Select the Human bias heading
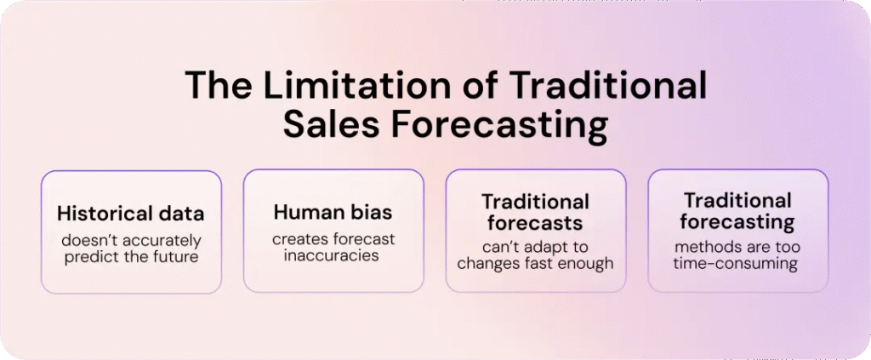333,212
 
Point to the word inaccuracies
333,256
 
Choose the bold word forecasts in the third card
535,223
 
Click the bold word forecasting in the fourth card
737,223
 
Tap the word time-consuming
737,265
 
